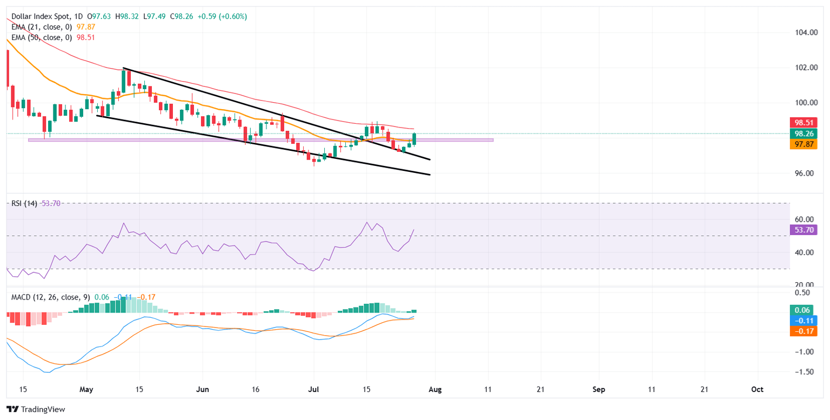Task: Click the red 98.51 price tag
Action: coord(804,123)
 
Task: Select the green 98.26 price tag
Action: coord(804,134)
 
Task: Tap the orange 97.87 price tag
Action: coord(804,144)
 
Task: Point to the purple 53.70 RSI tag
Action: coord(804,230)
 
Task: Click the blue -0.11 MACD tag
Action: coord(804,321)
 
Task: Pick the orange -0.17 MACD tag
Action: coord(804,331)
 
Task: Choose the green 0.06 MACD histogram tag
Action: coord(804,310)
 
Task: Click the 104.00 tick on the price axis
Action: coord(804,32)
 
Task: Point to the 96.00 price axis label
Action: coord(804,174)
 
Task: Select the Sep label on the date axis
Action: coord(598,389)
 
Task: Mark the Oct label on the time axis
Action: coord(758,389)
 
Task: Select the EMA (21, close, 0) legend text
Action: coord(42,27)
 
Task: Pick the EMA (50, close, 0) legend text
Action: coord(42,37)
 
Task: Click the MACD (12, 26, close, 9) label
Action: coord(50,297)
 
